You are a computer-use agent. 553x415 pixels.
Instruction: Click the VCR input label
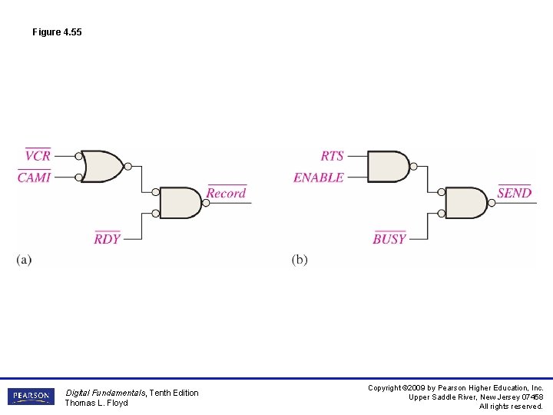[x=38, y=156]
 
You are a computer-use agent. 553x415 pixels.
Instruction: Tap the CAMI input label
[x=35, y=178]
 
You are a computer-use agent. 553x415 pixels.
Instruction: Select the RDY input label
[x=108, y=239]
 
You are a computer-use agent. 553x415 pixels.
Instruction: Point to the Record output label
[x=227, y=194]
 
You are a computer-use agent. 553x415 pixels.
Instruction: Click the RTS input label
[x=333, y=156]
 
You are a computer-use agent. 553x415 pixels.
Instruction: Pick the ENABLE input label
[x=319, y=178]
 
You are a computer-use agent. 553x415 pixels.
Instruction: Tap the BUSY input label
[x=389, y=239]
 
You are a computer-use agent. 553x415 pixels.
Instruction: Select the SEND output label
[x=515, y=194]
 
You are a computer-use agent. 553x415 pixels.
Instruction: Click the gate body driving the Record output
[x=180, y=202]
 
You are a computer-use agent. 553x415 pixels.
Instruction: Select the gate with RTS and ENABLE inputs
[x=388, y=166]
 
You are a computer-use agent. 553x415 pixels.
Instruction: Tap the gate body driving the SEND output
[x=465, y=202]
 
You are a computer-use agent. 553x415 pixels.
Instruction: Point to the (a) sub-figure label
[x=24, y=260]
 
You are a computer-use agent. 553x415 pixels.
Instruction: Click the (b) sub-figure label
[x=300, y=260]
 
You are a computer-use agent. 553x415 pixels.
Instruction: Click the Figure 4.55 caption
[x=57, y=32]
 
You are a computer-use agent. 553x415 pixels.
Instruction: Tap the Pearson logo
[x=31, y=397]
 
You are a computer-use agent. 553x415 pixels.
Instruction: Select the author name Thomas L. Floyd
[x=96, y=403]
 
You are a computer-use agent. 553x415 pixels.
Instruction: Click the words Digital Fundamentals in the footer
[x=104, y=393]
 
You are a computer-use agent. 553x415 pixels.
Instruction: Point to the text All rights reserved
[x=511, y=406]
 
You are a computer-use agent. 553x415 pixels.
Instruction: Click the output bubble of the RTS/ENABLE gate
[x=414, y=166]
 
